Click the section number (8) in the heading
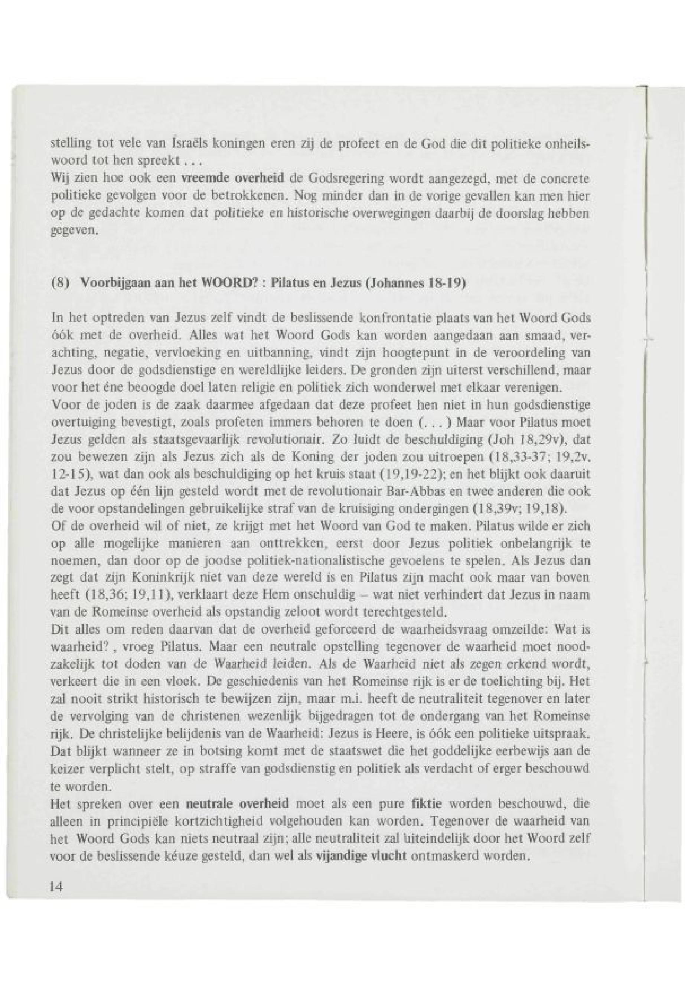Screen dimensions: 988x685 pyautogui.click(x=59, y=285)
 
